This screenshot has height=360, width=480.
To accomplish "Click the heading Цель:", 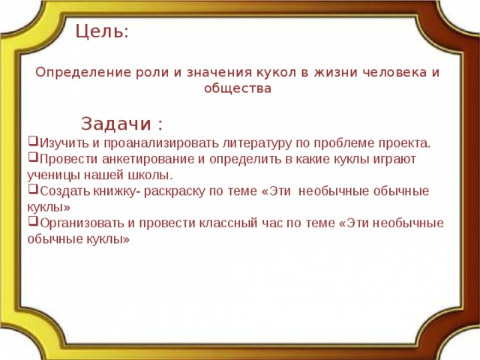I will click(102, 32).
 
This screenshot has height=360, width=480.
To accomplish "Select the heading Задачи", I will click(117, 123).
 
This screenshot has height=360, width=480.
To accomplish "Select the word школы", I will click(154, 175).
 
